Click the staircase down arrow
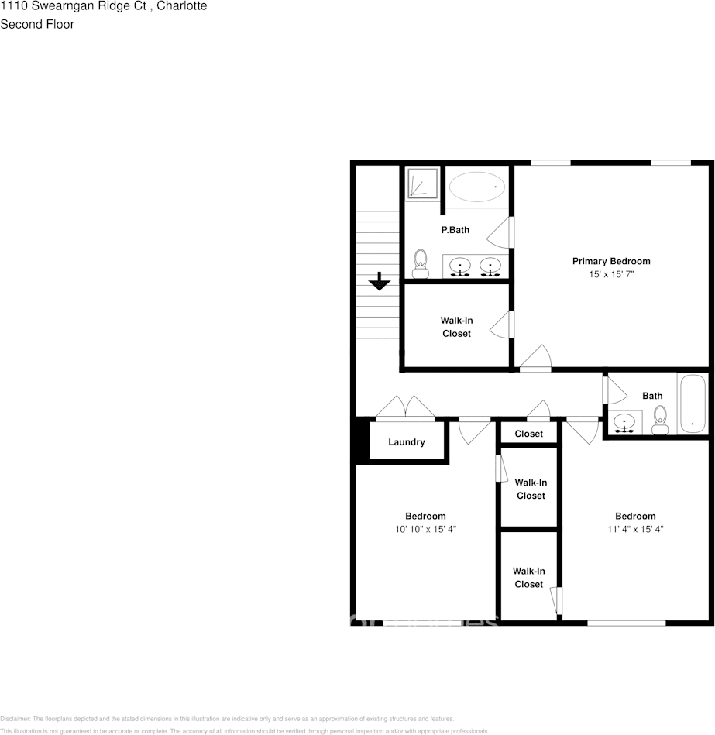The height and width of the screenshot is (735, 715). pos(379,281)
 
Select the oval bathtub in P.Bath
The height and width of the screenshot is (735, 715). pos(477,187)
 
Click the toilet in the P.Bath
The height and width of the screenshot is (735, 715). pos(421,263)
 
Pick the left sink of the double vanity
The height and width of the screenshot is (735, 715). pos(461,267)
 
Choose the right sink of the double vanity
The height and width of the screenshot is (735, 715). pos(490,267)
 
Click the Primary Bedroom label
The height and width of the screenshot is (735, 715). pos(611,261)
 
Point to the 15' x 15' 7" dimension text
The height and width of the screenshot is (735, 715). pos(611,274)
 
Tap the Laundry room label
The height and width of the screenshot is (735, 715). pos(407,442)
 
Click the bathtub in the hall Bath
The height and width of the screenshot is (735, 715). pos(692,404)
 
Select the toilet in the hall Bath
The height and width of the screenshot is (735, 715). pos(660,421)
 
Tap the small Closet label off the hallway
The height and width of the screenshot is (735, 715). pos(529,434)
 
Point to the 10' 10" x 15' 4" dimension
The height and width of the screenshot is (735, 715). pos(425,530)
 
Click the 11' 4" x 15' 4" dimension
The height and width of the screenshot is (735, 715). pos(635,530)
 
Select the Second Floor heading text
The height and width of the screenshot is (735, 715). pos(37,24)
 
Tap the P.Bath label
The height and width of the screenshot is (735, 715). pos(455,230)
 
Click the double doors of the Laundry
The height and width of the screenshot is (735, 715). pos(404,409)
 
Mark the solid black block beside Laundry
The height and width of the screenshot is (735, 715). pos(360,441)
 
